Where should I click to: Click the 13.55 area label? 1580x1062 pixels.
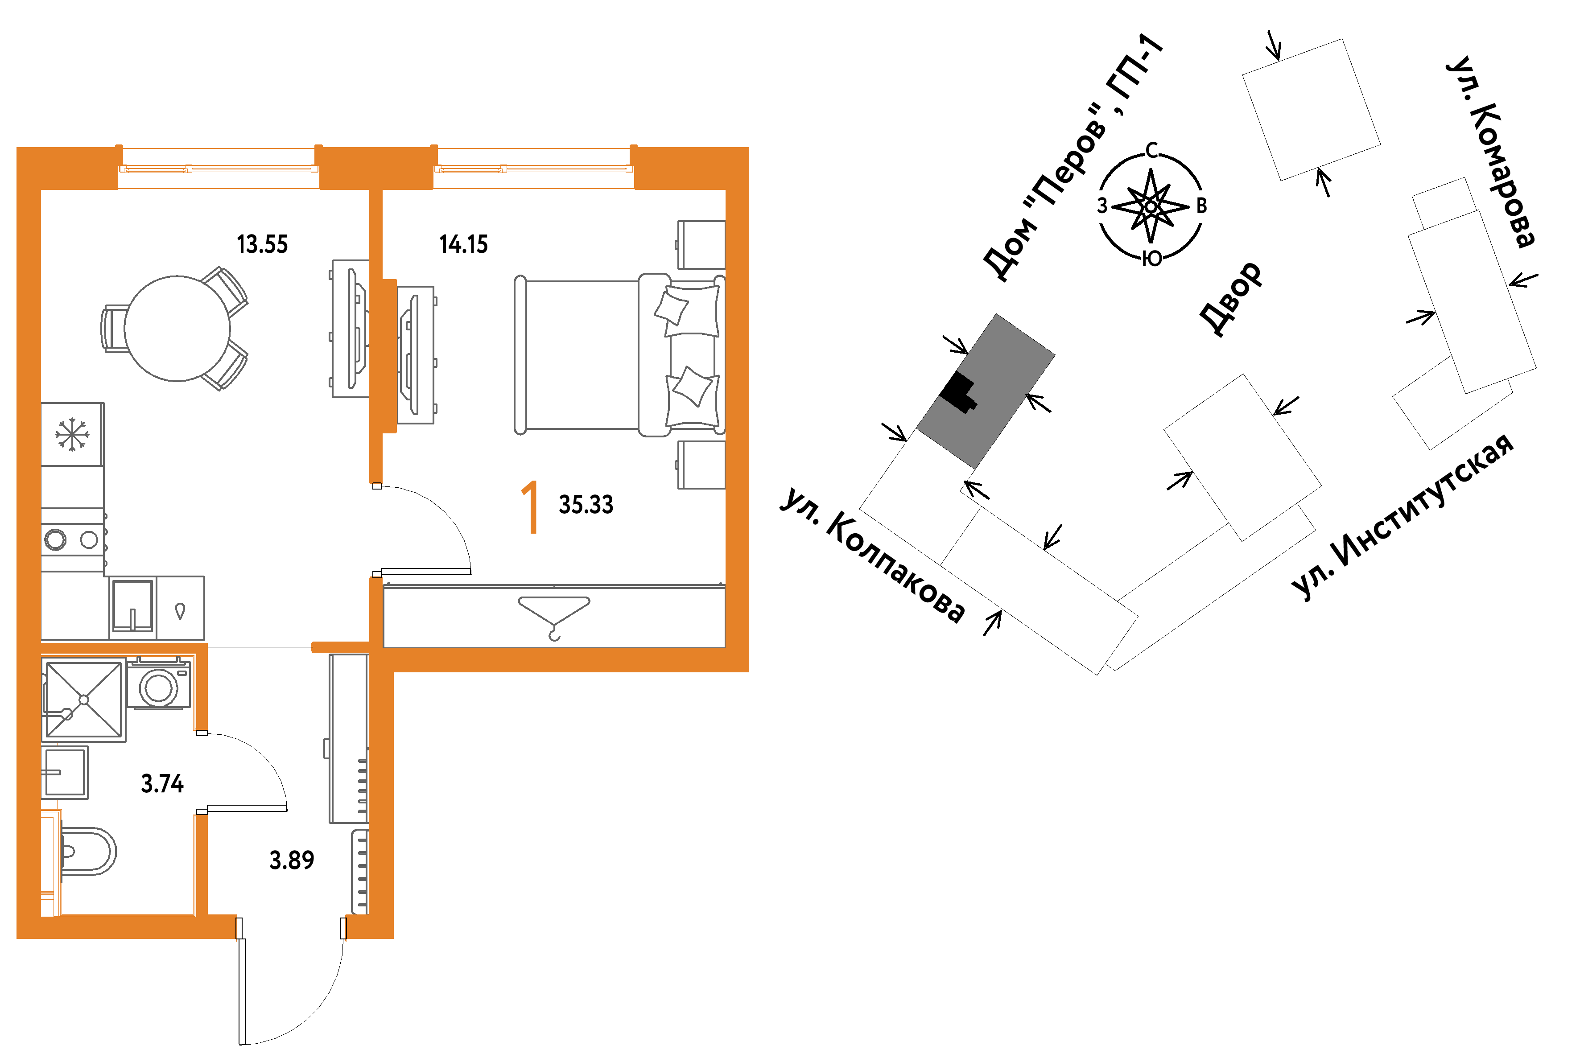(262, 244)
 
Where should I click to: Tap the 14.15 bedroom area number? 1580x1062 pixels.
(463, 244)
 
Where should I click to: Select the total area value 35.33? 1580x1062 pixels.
(586, 505)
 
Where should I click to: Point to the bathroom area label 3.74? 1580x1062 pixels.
(162, 784)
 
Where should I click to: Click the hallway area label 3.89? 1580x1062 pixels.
(292, 860)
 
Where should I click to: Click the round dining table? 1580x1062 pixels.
(177, 329)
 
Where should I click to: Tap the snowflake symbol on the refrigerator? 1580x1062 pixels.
(72, 434)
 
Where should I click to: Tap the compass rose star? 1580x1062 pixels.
(1151, 205)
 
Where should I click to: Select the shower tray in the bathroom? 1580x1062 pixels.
(84, 700)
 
